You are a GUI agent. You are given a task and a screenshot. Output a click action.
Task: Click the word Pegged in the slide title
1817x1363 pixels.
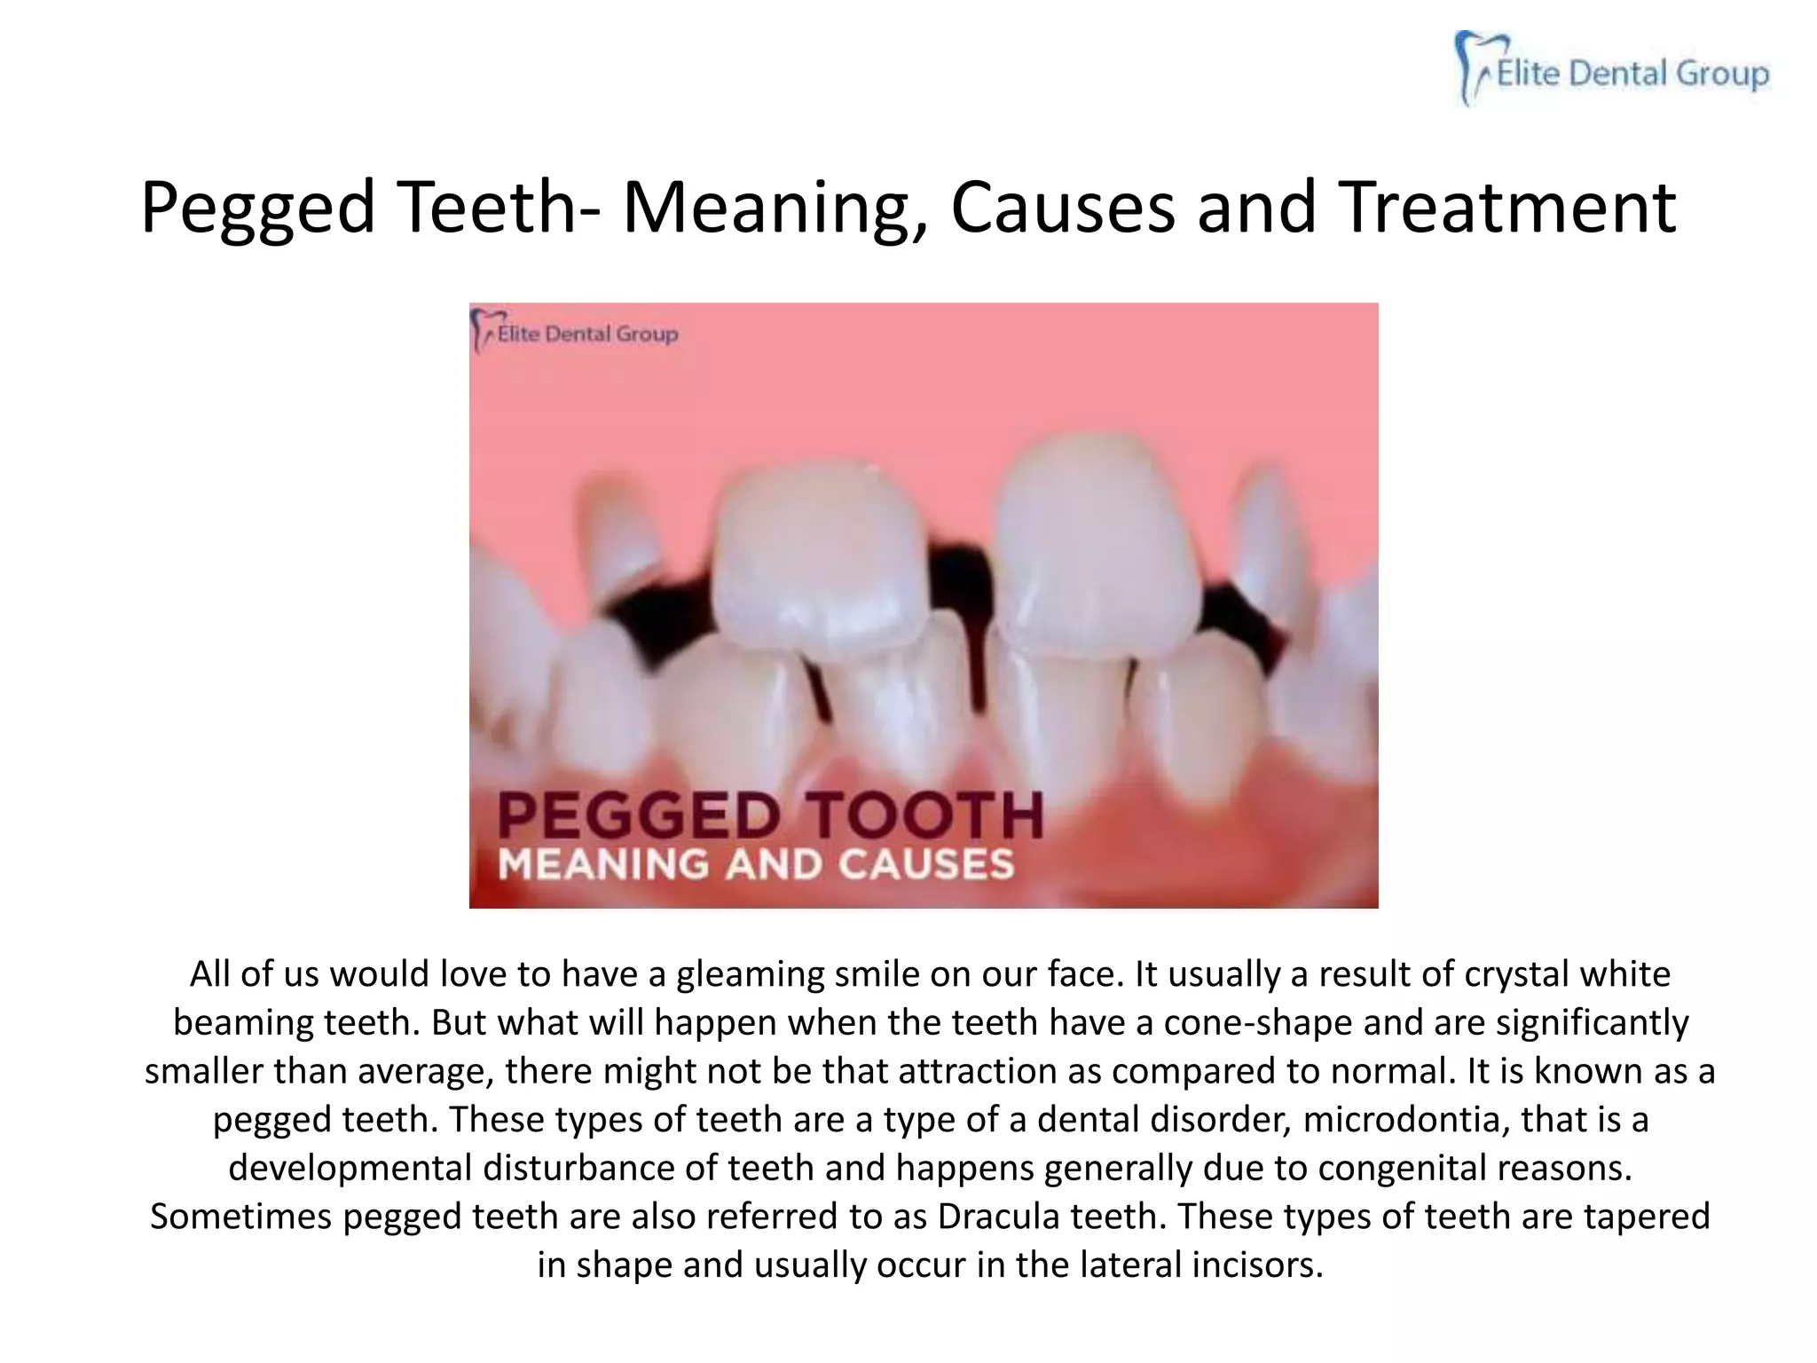pos(258,209)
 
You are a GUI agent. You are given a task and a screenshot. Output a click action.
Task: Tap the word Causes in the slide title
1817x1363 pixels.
pos(1062,209)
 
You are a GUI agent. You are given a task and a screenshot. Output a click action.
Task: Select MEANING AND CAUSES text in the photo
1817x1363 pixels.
pos(756,864)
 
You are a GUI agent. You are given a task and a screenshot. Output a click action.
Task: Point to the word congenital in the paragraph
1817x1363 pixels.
pos(1402,1168)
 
